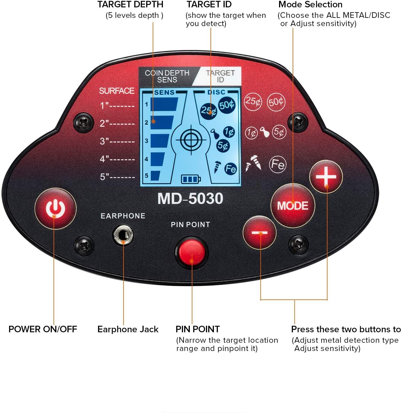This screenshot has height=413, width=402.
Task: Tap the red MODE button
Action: [x=292, y=206]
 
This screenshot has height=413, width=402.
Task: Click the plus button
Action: [x=326, y=177]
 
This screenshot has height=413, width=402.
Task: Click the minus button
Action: [x=260, y=233]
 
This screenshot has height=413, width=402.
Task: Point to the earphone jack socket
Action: [x=123, y=235]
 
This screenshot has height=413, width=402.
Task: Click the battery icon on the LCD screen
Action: [x=191, y=179]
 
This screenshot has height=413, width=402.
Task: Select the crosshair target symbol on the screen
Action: [x=191, y=140]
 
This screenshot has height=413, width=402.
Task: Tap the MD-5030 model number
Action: [x=190, y=199]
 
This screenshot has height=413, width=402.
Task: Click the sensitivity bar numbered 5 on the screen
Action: [x=155, y=176]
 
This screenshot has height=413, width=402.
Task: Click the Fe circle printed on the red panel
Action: [x=277, y=164]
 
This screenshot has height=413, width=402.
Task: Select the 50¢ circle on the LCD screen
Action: [x=227, y=105]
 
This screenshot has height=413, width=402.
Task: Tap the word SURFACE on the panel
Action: [x=116, y=91]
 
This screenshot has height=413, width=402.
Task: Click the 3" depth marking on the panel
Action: [x=117, y=141]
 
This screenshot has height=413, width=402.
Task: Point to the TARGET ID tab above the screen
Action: [x=220, y=76]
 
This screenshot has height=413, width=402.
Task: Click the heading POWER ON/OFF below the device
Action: [x=43, y=329]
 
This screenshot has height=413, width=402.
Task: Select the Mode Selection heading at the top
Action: [x=310, y=5]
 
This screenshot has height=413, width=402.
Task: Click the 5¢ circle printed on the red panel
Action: [x=279, y=132]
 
